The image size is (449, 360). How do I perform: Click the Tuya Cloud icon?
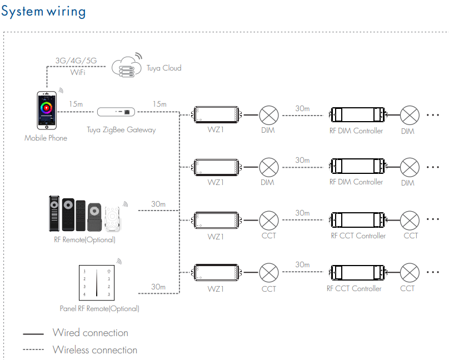[127, 67]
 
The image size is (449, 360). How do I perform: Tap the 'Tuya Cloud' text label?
[164, 68]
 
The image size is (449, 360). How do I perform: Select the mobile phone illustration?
[47, 110]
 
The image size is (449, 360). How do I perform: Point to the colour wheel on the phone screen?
[46, 108]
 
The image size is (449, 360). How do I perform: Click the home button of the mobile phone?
[47, 127]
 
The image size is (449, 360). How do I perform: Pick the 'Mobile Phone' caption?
[46, 138]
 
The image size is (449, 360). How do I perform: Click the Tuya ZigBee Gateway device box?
[116, 112]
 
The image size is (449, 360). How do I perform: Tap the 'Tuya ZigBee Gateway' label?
[121, 130]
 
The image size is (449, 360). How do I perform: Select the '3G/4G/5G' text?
[76, 61]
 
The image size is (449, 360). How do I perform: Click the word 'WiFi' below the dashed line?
[78, 72]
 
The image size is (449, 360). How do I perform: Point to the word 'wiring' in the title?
[66, 12]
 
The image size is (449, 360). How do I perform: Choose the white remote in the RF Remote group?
[113, 218]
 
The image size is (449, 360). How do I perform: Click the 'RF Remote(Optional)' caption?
[85, 239]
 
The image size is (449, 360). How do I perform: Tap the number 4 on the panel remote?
[84, 294]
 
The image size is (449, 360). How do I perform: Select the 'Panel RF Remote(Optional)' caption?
[99, 308]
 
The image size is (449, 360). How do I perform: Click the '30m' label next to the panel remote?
[158, 287]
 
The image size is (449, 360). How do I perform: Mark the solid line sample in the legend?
[33, 334]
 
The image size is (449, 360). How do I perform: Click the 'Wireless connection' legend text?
[95, 349]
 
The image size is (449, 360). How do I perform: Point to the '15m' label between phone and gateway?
[76, 104]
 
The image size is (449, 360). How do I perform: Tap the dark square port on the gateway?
[127, 112]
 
